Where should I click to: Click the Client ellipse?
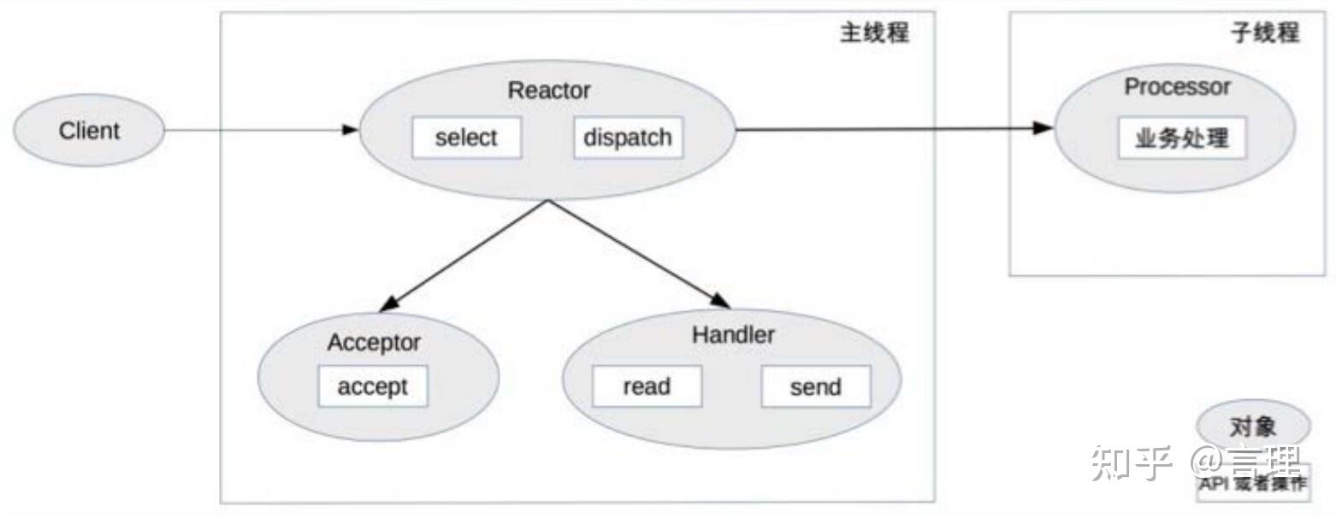pyautogui.click(x=88, y=131)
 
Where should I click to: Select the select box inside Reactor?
pyautogui.click(x=466, y=138)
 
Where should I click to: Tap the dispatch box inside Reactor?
pyautogui.click(x=628, y=138)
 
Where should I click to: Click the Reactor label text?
pyautogui.click(x=548, y=90)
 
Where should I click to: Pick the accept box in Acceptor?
pyautogui.click(x=372, y=386)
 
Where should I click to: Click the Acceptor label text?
pyautogui.click(x=374, y=343)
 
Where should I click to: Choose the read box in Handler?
pyautogui.click(x=647, y=386)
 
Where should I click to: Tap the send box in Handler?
pyautogui.click(x=815, y=386)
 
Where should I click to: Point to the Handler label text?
pyautogui.click(x=733, y=335)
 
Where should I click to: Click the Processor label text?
pyautogui.click(x=1177, y=87)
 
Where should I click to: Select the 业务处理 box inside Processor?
pyautogui.click(x=1181, y=138)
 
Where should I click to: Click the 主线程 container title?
pyautogui.click(x=874, y=33)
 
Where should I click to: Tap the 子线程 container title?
pyautogui.click(x=1264, y=33)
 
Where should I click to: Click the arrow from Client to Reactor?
pyautogui.click(x=257, y=130)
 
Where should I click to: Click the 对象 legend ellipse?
pyautogui.click(x=1252, y=426)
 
